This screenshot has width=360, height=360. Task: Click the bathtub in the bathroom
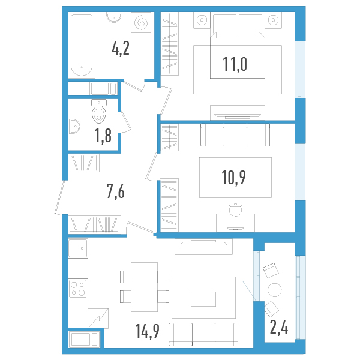[x=81, y=46]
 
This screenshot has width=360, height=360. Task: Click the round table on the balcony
[x=274, y=290]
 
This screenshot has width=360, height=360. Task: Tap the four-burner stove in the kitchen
[x=78, y=288]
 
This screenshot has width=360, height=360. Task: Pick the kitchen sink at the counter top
[x=78, y=248]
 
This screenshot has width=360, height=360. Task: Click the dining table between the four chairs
[x=144, y=287]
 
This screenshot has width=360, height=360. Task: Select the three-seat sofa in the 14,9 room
[x=203, y=334]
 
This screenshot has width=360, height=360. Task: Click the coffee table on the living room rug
[x=203, y=298]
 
